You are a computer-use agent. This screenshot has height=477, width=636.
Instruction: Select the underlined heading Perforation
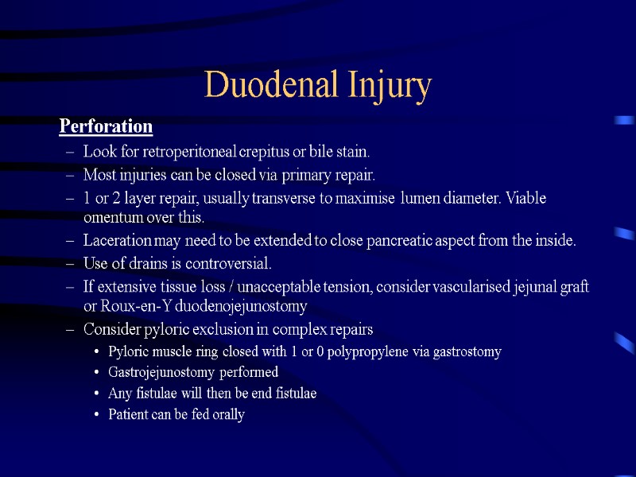[x=106, y=126]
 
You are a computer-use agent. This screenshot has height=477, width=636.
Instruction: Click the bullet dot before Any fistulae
[x=96, y=394]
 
